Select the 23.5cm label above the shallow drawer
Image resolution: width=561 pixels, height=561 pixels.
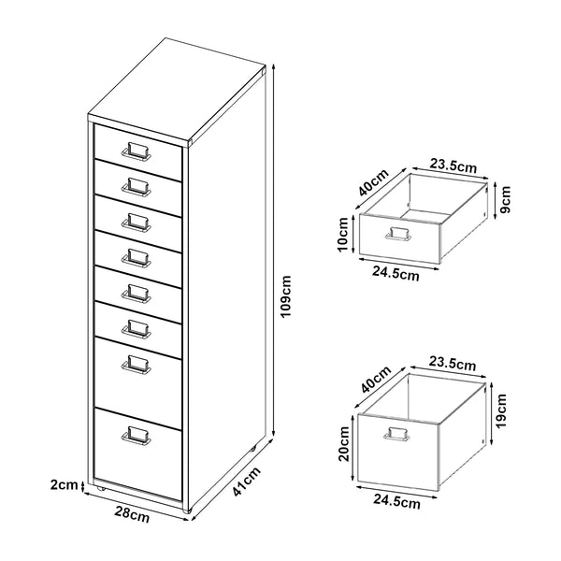coord(453,166)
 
